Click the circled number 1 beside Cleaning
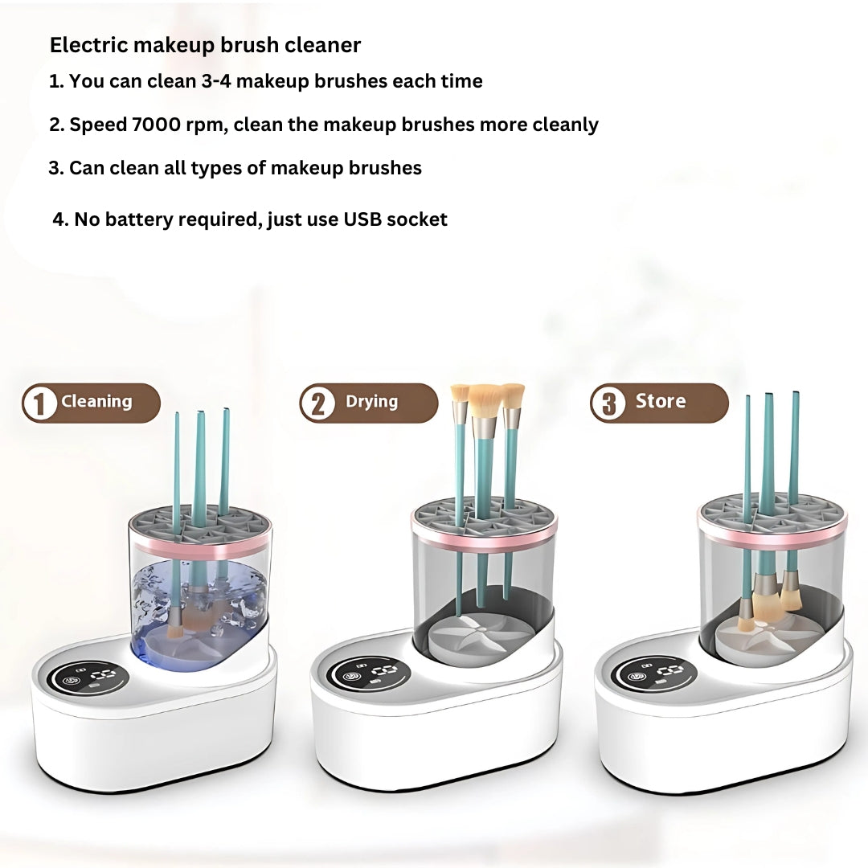[x=39, y=403]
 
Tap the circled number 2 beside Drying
[x=317, y=403]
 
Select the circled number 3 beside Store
[x=608, y=403]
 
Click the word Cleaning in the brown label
[x=97, y=401]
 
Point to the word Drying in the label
[x=371, y=401]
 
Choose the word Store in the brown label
[x=661, y=400]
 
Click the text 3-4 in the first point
[x=216, y=81]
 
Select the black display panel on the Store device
[x=655, y=673]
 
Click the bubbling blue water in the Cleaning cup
[x=200, y=603]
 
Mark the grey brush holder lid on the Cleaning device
[x=200, y=529]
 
